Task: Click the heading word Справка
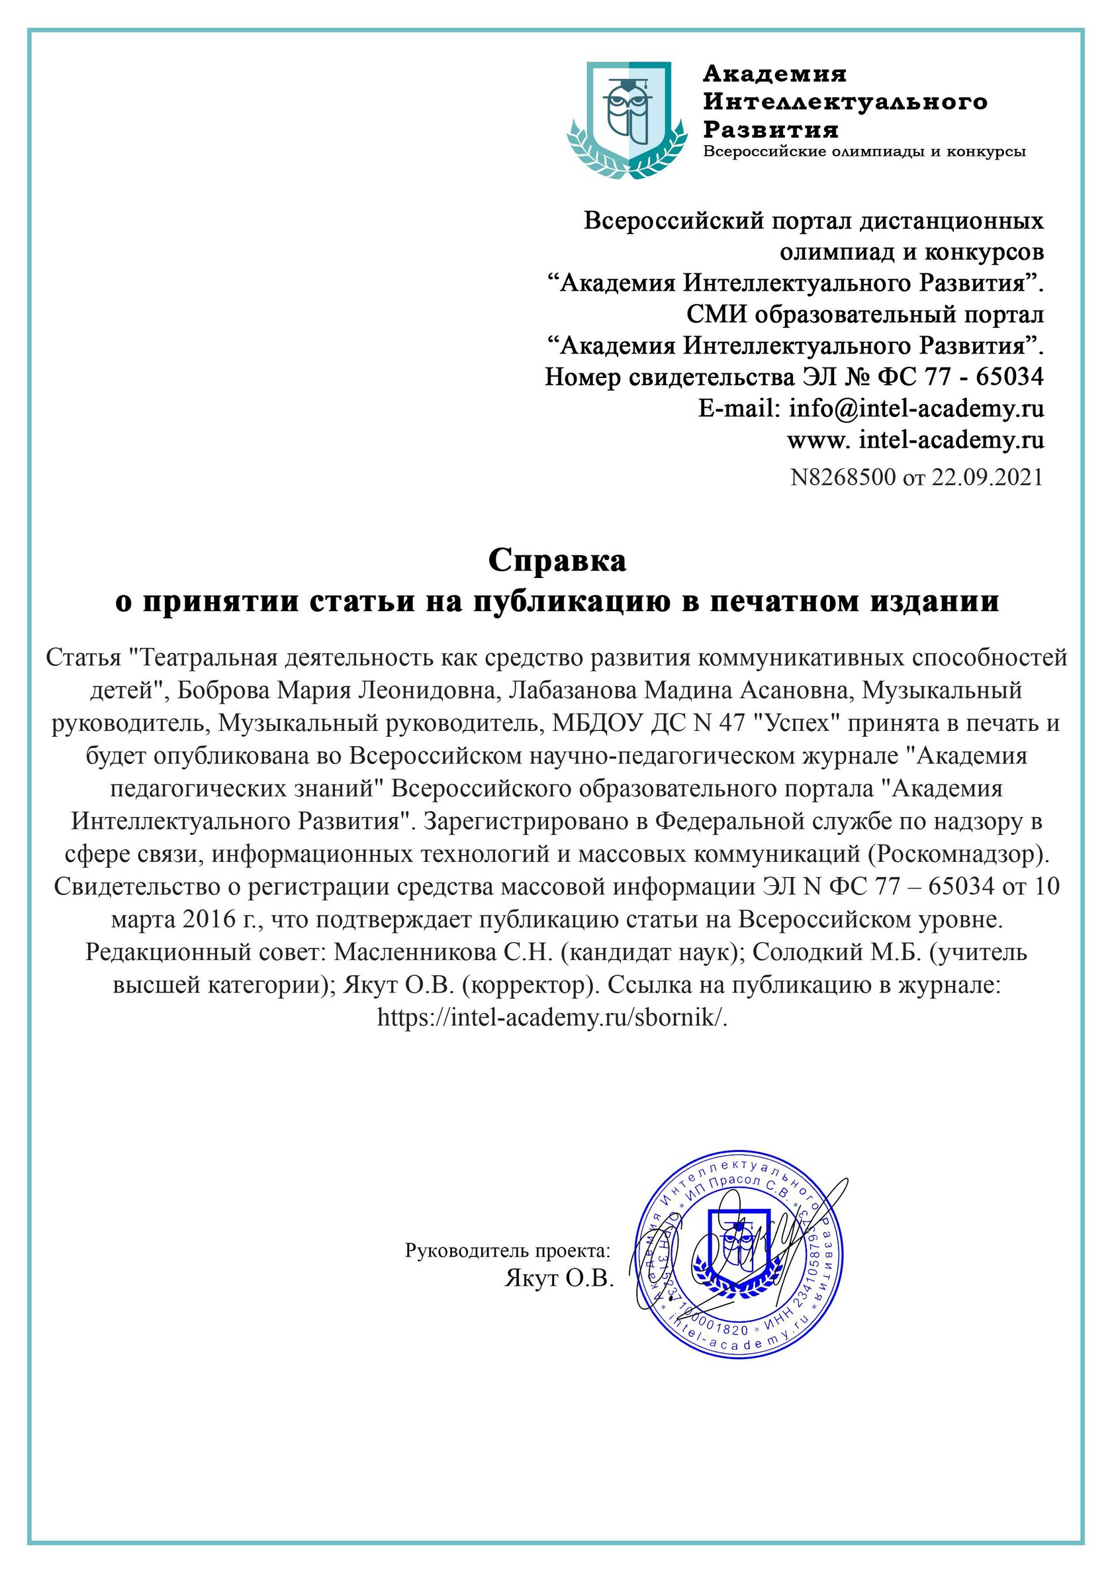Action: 557,561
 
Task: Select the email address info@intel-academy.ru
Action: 916,408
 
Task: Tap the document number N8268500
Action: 843,477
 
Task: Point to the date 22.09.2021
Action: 987,477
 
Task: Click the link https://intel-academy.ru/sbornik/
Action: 552,1018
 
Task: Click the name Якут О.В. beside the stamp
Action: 559,1278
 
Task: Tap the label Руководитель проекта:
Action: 507,1251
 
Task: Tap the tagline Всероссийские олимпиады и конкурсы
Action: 864,152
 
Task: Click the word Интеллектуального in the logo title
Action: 845,102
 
